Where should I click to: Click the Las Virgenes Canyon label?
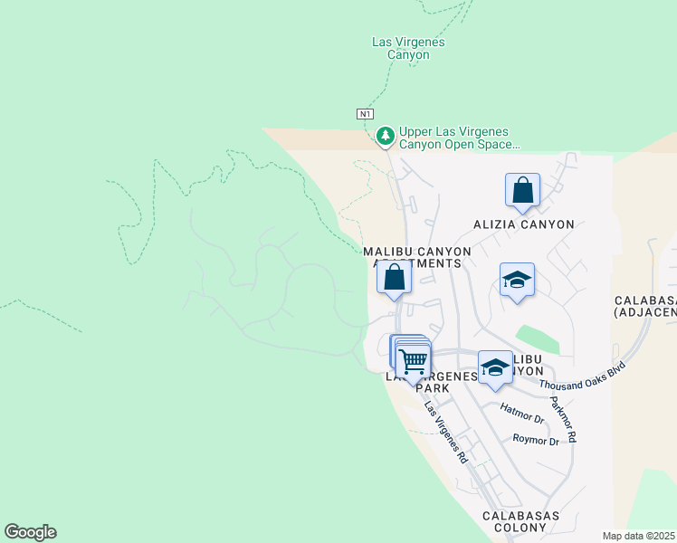408,48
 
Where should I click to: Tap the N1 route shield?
364,114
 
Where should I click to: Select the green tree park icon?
386,136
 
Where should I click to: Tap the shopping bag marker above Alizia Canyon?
522,190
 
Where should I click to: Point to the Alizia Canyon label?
524,224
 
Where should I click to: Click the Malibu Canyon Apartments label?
417,257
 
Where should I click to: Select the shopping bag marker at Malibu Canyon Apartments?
394,278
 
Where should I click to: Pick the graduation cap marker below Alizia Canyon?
517,280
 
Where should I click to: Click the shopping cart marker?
413,361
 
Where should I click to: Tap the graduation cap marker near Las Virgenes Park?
495,367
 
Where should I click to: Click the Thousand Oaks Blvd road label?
583,371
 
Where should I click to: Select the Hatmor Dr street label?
522,419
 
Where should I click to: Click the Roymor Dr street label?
536,441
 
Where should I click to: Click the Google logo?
30,532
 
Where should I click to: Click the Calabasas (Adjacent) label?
645,306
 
